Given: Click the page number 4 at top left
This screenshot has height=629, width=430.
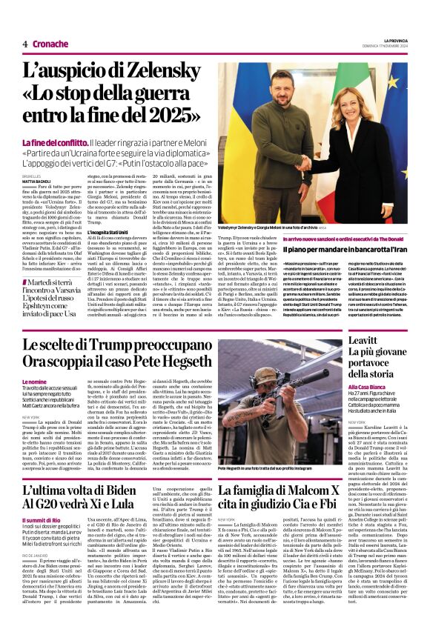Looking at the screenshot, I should [x=24, y=44].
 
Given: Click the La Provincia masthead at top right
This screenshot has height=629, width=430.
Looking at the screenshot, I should [x=394, y=39].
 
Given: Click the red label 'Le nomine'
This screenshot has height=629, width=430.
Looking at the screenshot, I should [x=34, y=382].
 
